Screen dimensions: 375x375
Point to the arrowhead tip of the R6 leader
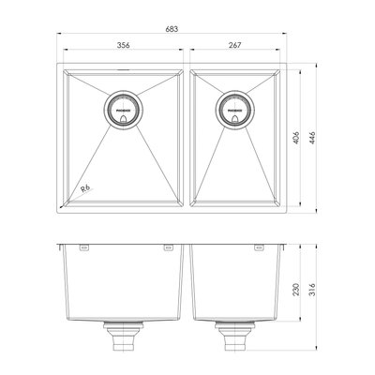[63, 203]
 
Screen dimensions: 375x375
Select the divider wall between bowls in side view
[188, 281]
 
